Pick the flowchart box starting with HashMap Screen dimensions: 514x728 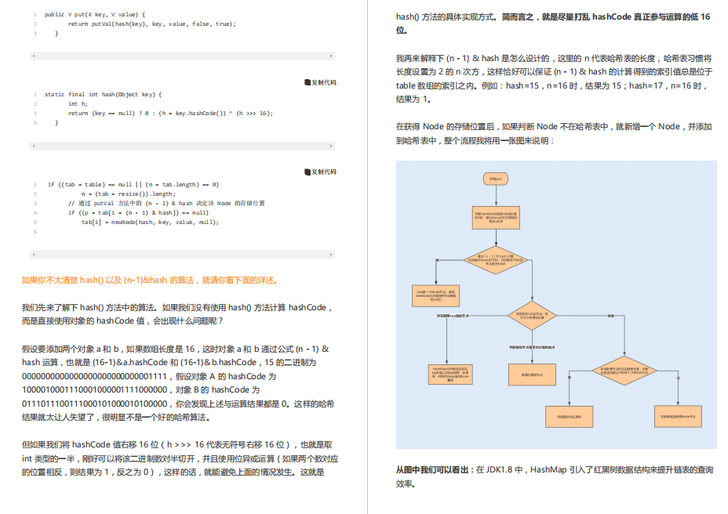click(446, 374)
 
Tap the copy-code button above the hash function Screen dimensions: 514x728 click(319, 82)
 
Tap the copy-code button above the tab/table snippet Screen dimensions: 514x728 click(319, 172)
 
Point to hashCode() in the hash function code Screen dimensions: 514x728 click(206, 114)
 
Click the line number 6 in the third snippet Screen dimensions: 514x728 click(35, 232)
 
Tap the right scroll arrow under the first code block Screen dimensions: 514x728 click(331, 56)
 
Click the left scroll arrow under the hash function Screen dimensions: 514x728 click(33, 146)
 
